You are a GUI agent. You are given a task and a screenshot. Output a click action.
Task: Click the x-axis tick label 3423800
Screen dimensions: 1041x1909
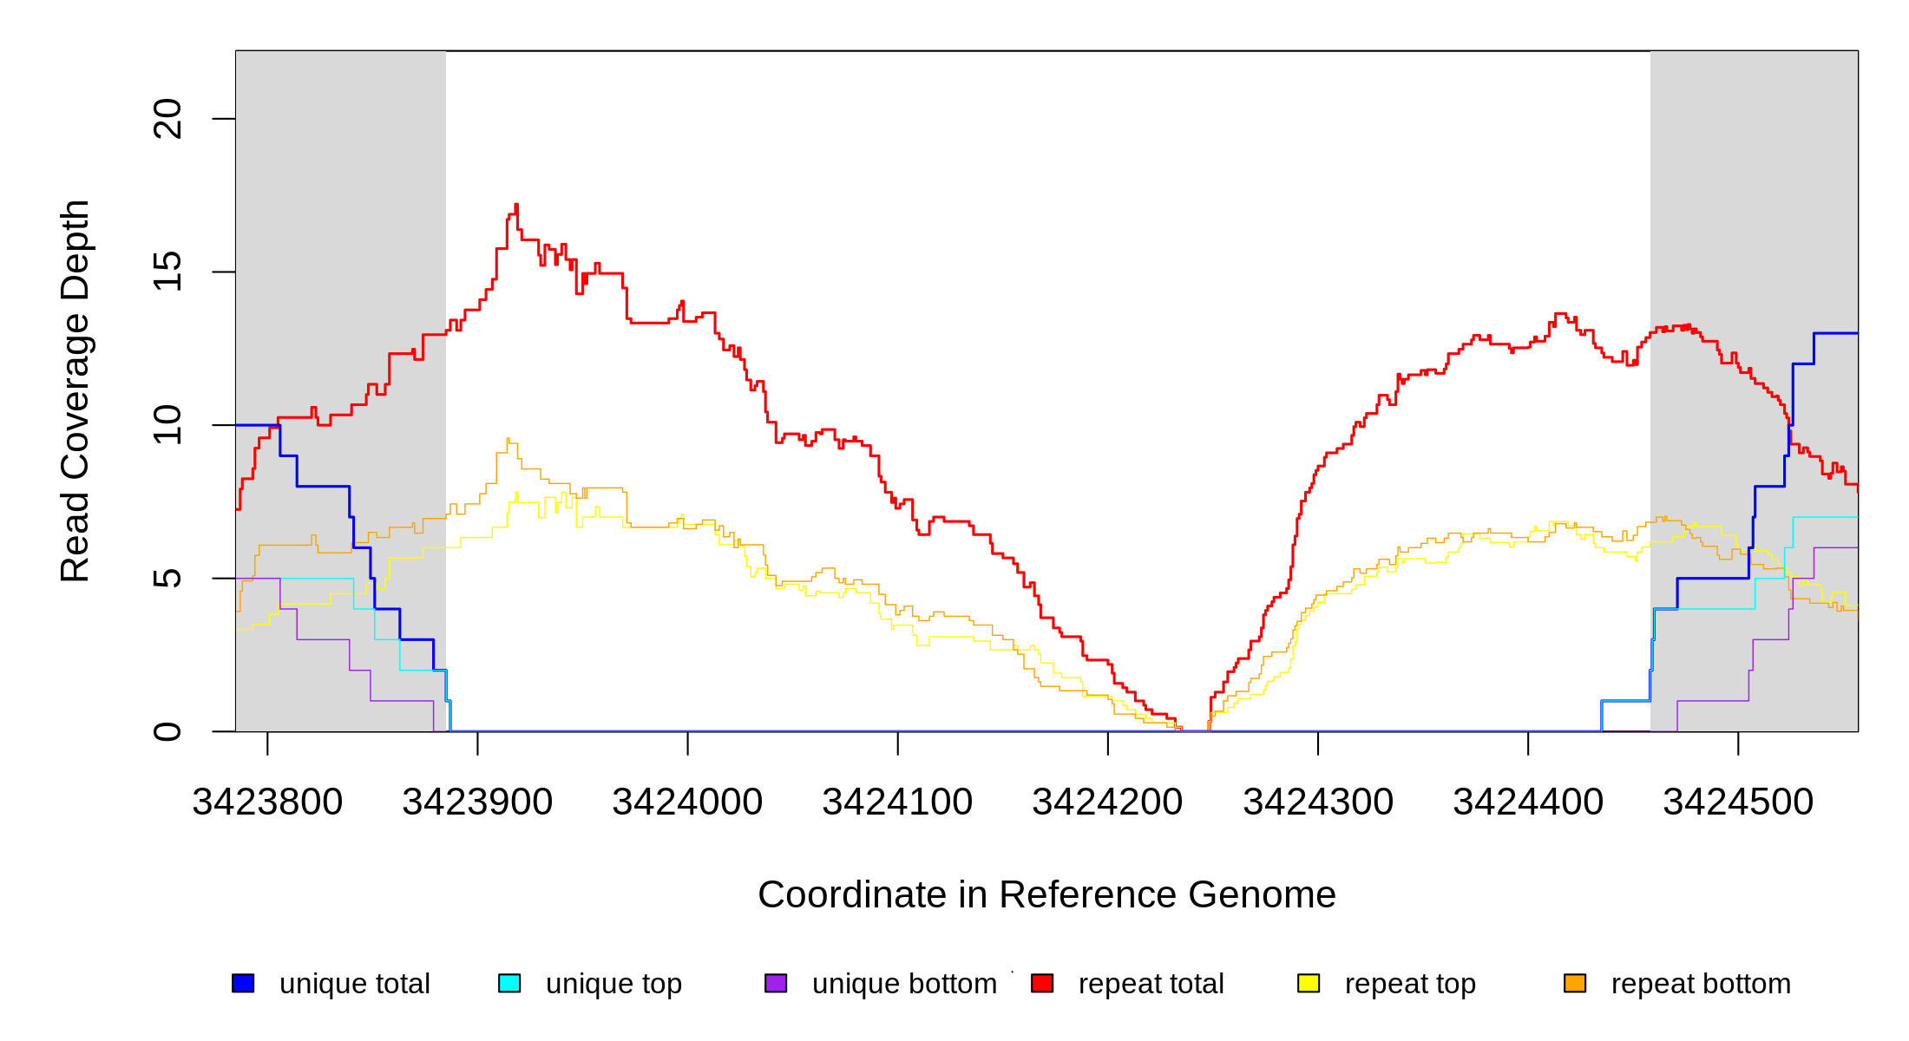click(267, 802)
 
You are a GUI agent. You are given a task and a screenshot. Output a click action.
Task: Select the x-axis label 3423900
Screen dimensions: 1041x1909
click(477, 802)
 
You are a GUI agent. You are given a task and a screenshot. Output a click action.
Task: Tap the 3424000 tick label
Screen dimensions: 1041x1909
click(687, 802)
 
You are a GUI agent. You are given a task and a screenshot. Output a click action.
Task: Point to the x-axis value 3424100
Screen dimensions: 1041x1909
click(897, 802)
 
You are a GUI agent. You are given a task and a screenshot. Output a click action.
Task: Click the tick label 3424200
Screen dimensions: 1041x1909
click(1107, 802)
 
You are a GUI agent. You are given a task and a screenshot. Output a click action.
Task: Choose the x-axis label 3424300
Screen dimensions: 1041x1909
click(1318, 802)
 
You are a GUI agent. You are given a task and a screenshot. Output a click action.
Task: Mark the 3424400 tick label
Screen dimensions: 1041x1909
click(1528, 802)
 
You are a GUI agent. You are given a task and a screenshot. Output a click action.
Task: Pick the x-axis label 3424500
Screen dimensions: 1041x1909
click(1738, 802)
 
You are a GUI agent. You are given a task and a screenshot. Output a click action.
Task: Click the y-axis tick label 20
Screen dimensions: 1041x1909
click(167, 119)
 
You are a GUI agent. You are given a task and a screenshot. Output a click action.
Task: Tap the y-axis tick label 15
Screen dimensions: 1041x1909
click(167, 272)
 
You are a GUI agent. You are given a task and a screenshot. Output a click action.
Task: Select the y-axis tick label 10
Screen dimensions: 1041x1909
click(167, 425)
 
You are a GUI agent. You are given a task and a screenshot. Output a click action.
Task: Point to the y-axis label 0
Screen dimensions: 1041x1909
click(167, 731)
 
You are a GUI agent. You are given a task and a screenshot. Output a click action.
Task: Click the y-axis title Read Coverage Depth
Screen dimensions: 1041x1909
click(75, 390)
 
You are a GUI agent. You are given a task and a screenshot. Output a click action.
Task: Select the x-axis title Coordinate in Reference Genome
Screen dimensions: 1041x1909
click(1046, 894)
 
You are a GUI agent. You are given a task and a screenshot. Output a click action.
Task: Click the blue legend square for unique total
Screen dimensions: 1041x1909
click(243, 983)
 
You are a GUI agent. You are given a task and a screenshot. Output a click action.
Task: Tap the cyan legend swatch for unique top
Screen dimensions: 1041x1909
click(509, 983)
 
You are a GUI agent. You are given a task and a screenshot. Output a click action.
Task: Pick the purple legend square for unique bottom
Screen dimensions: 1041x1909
click(776, 983)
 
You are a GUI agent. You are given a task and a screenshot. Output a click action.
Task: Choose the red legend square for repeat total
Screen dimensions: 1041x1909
click(1042, 983)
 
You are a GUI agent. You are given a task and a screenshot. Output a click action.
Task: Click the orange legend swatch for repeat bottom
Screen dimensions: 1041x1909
click(1575, 983)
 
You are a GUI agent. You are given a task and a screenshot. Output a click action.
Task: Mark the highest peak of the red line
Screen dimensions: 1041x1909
click(516, 206)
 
